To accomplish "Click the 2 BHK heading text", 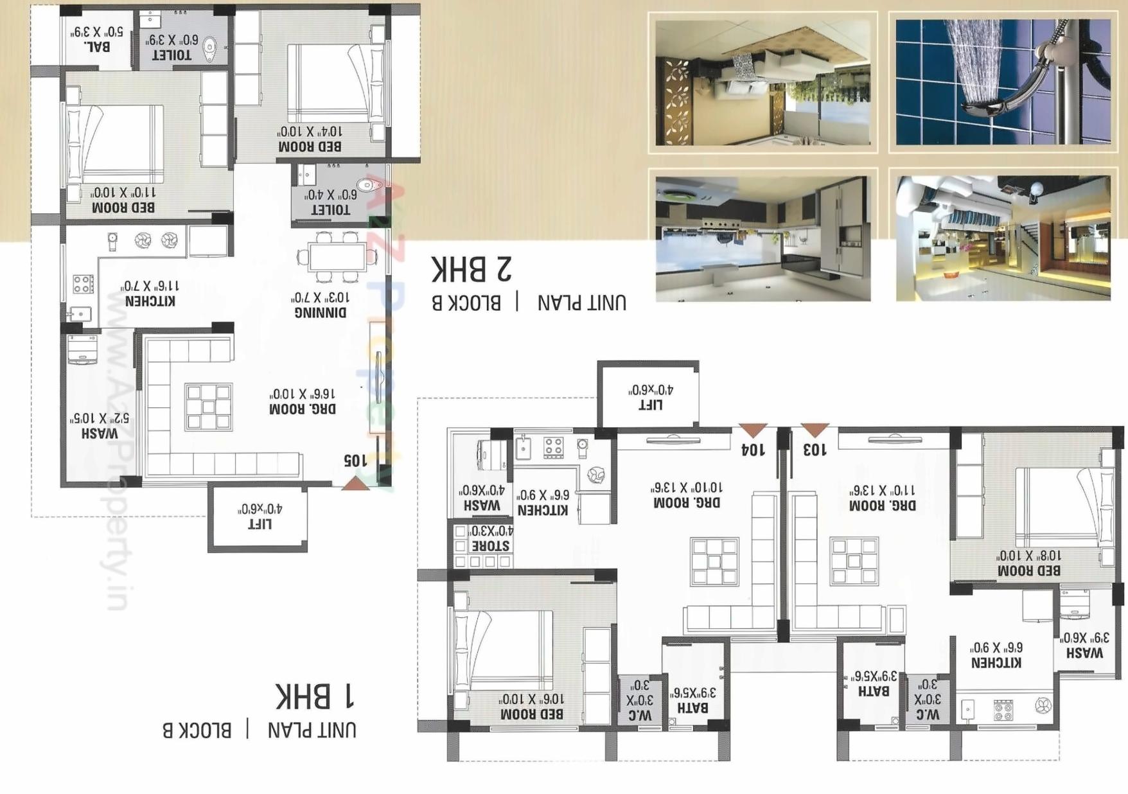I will [471, 269].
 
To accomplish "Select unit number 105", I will [355, 460].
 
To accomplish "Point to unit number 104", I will [753, 449].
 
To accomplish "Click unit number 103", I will [815, 449].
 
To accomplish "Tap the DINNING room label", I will [321, 312].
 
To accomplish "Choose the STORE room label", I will [491, 546].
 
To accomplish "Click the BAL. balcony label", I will [96, 47].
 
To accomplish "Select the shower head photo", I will [1003, 82].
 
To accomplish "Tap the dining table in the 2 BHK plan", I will [337, 258].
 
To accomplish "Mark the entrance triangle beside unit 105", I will [355, 484].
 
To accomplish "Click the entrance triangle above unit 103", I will [815, 430].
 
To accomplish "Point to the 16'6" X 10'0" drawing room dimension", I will [303, 393].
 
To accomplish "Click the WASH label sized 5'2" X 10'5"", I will [100, 434].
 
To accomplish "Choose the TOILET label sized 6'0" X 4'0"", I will [331, 209].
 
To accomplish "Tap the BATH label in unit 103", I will [874, 691].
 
